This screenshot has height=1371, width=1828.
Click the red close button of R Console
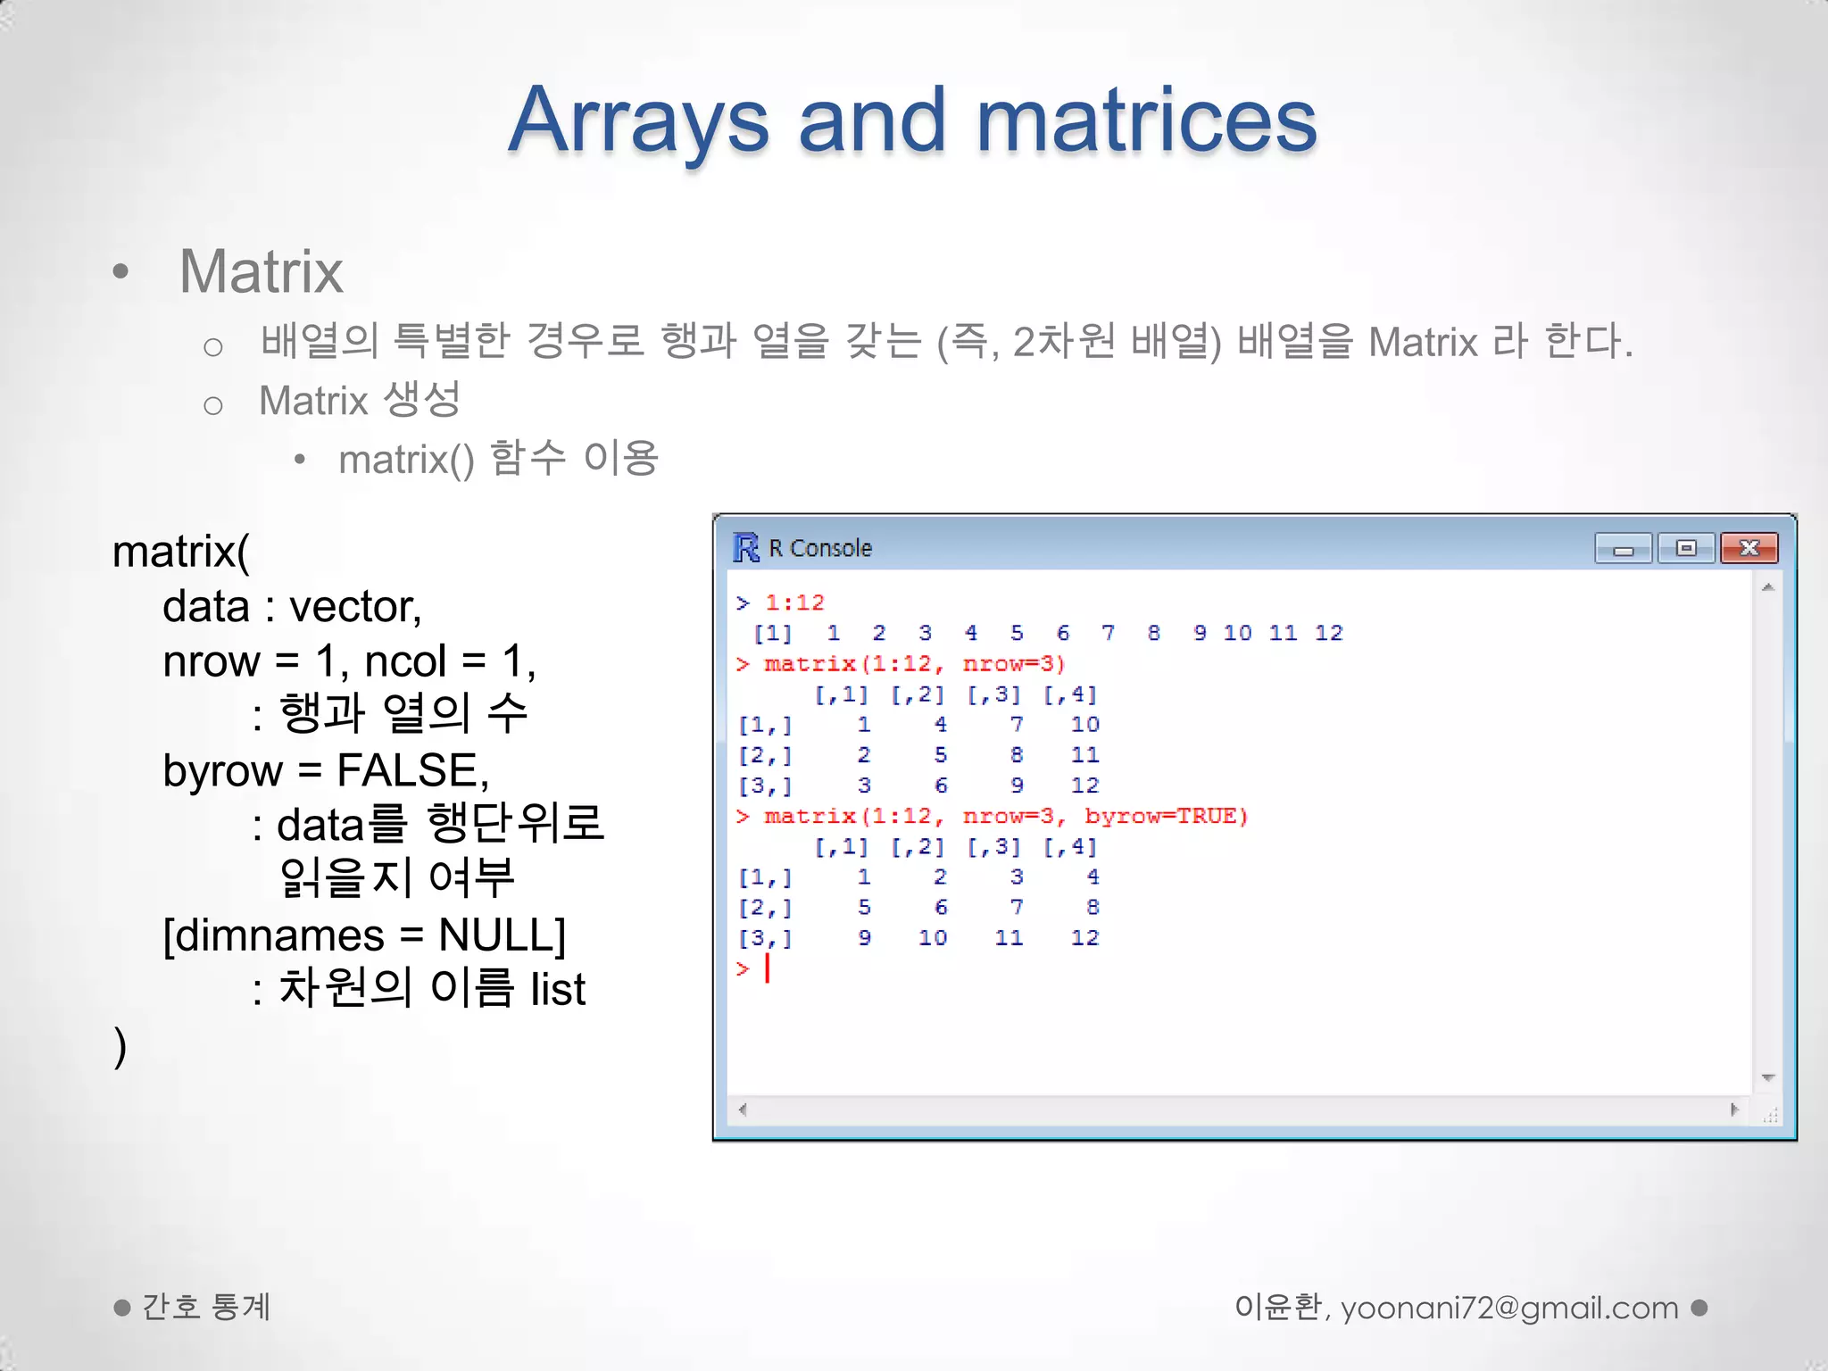click(1749, 548)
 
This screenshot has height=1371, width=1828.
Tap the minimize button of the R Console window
click(1623, 548)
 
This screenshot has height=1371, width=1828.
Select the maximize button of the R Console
click(1685, 548)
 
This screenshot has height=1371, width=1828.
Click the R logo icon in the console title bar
click(745, 547)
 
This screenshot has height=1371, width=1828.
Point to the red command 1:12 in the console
click(794, 603)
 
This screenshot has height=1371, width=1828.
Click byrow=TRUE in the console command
click(1166, 816)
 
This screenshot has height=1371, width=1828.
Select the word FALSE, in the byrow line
click(412, 770)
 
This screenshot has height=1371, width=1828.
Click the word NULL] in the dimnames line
click(502, 935)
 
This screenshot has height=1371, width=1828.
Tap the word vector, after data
click(355, 607)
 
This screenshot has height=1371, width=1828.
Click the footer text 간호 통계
click(206, 1308)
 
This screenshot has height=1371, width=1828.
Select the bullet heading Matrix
click(261, 271)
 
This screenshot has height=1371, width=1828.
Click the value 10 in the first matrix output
click(1084, 725)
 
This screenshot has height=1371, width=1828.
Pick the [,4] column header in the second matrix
click(1069, 846)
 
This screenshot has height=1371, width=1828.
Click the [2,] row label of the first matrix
click(765, 755)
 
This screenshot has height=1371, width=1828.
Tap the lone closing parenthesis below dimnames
click(120, 1046)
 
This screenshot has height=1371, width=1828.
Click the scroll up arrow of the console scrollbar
click(1767, 587)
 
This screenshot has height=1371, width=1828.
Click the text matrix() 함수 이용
click(498, 459)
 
